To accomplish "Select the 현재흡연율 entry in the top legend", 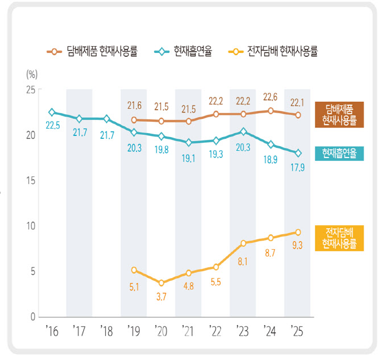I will (x=184, y=52).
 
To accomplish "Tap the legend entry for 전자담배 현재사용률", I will (x=274, y=52).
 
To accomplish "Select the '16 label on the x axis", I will (x=51, y=330).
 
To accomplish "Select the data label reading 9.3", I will (x=297, y=245).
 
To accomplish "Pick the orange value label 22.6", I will (x=271, y=97).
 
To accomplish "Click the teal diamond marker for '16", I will (x=52, y=113).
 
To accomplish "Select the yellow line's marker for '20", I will (x=161, y=283).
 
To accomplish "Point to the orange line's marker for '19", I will (x=134, y=120).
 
